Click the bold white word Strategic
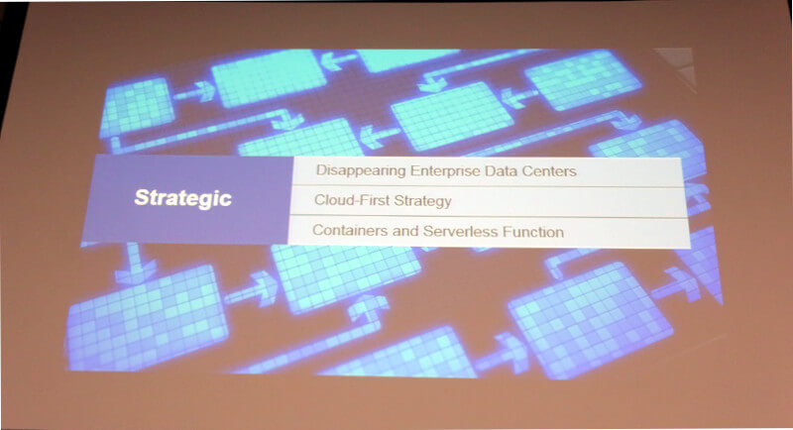[183, 198]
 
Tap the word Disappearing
[361, 170]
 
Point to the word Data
[502, 170]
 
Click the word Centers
[549, 171]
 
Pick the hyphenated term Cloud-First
[352, 200]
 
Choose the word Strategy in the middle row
[423, 201]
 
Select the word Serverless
[460, 232]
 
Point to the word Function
[533, 232]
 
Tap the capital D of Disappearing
[321, 170]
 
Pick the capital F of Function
[507, 232]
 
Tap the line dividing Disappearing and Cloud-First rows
[489, 186]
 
